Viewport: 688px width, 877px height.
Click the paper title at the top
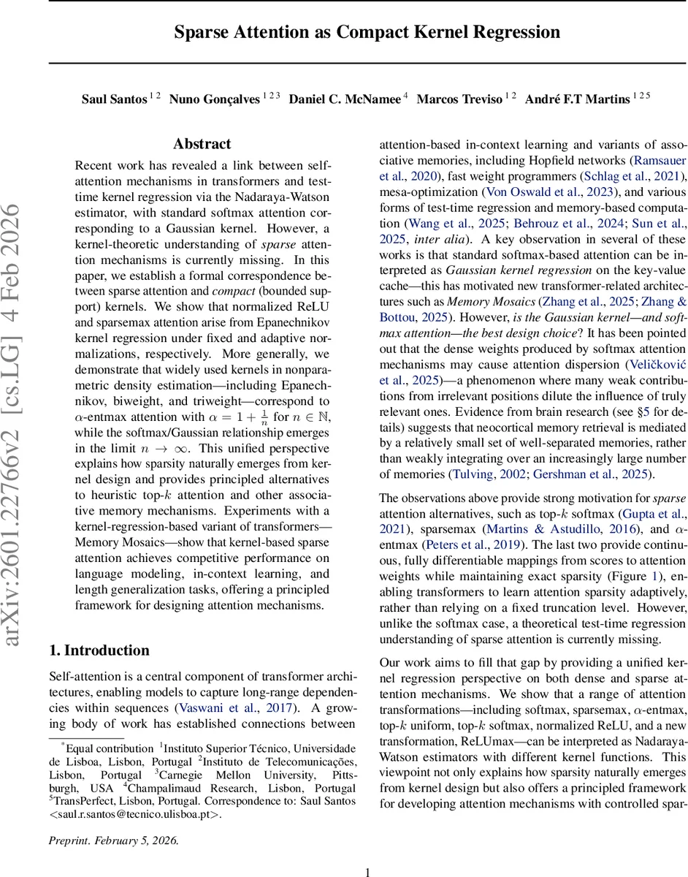367,33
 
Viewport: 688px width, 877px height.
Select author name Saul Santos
114,99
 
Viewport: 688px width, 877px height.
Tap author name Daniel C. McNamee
345,99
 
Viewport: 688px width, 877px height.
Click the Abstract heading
202,144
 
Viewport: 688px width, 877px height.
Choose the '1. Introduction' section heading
99,650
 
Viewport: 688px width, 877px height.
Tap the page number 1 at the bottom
367,871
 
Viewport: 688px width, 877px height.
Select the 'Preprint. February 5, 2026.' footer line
113,840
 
